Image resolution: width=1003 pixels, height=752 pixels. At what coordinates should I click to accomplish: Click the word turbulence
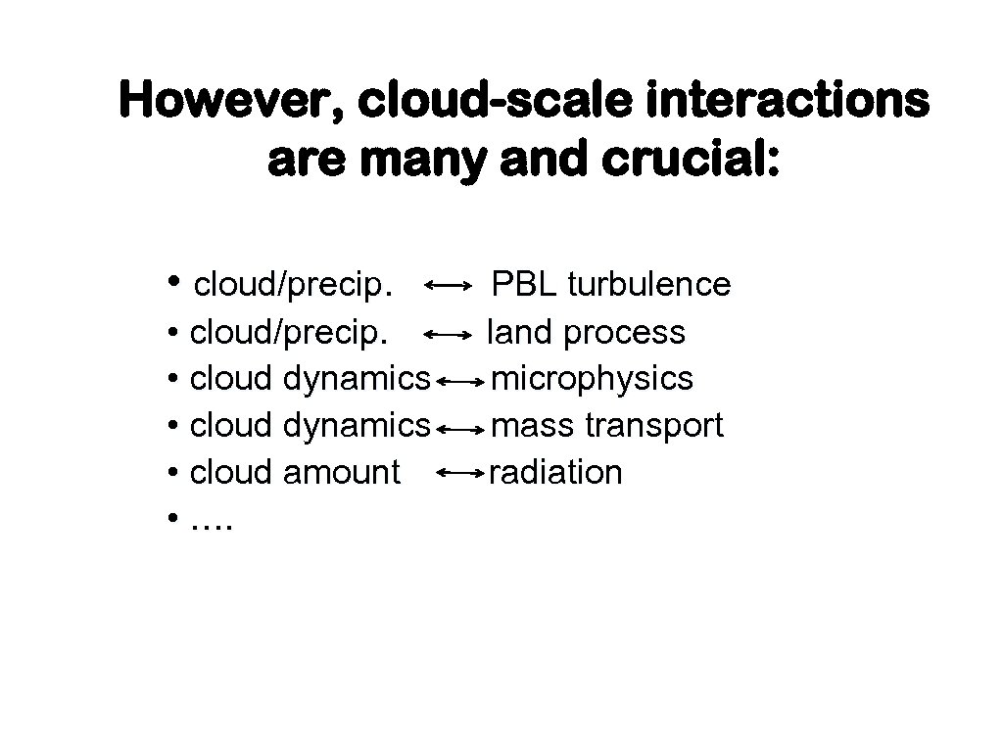tap(648, 285)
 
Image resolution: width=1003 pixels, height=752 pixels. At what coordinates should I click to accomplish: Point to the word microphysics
tap(592, 379)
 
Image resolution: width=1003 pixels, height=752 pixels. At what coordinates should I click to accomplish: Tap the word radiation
tap(555, 473)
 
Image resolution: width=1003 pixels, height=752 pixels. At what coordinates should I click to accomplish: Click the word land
tap(522, 332)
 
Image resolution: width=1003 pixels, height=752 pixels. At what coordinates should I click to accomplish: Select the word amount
tap(341, 473)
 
